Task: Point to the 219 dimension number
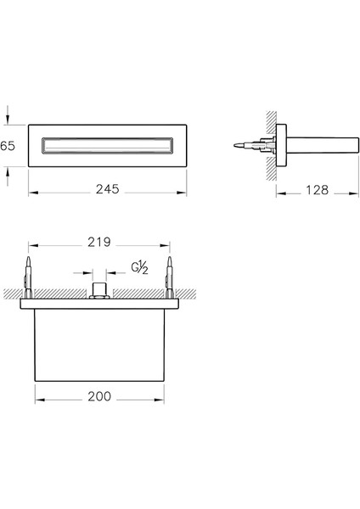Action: (x=99, y=243)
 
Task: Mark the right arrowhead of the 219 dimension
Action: (x=167, y=243)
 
